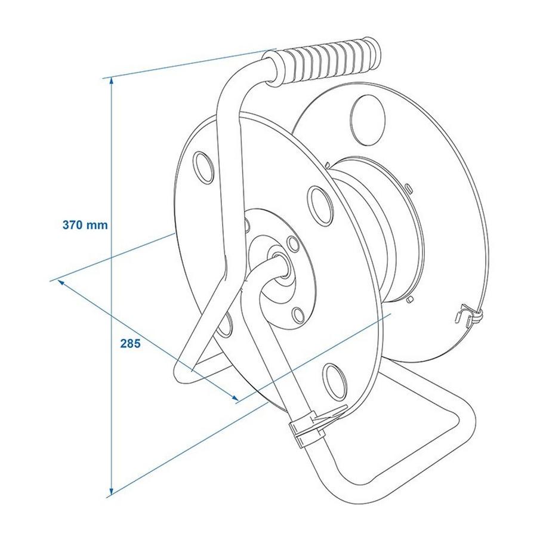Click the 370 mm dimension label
coord(85,226)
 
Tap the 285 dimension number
coord(129,344)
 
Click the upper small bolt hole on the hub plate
coord(292,243)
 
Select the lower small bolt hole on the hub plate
coord(297,312)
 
